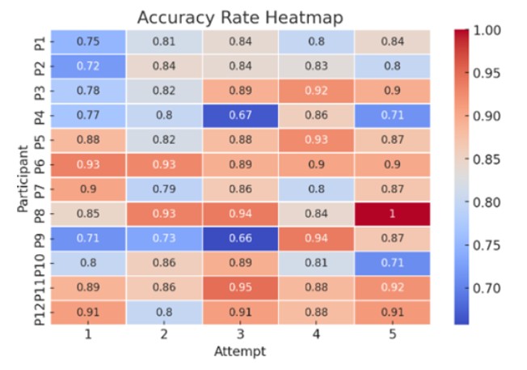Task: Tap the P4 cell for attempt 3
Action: click(x=240, y=116)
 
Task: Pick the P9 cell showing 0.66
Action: click(x=240, y=239)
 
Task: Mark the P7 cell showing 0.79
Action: click(x=164, y=190)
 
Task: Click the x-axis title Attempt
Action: click(x=240, y=351)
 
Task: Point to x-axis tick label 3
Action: click(x=240, y=335)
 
